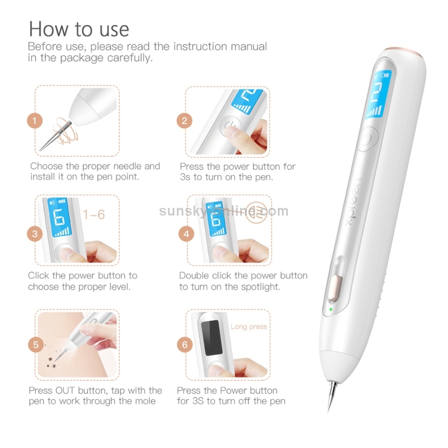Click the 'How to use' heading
pos(78,29)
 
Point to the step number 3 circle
pos(35,234)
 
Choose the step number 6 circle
pos(185,345)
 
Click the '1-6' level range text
pos(94,214)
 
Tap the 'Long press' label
pos(248,327)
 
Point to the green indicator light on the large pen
pos(329,309)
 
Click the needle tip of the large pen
pos(329,406)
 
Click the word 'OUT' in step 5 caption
pos(70,391)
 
